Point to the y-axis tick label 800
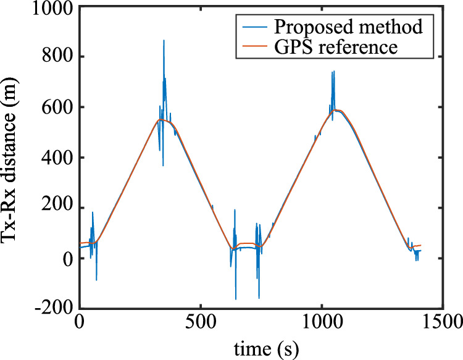(56, 57)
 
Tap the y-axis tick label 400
(56, 158)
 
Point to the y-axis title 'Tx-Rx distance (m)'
(14, 159)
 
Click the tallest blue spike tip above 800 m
(164, 40)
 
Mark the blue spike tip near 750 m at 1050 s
(333, 71)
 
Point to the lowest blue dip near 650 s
(236, 299)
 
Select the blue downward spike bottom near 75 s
(96, 280)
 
